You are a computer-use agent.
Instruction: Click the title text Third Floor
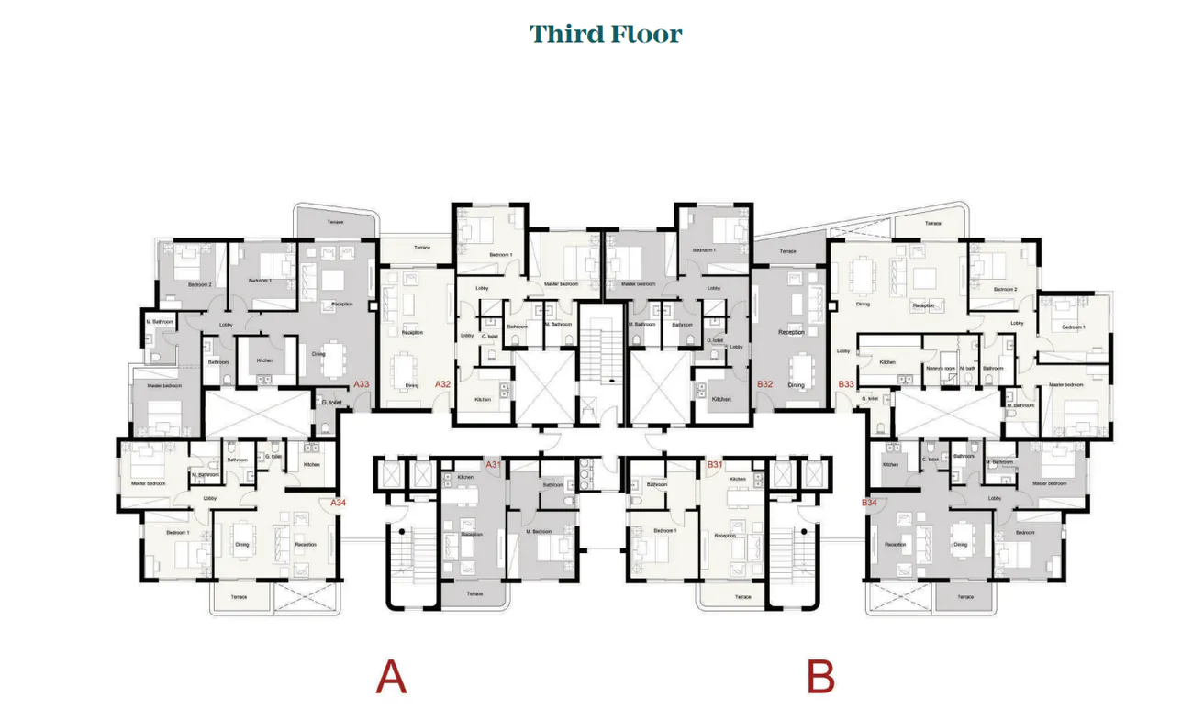pyautogui.click(x=606, y=35)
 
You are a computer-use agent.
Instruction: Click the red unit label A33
pyautogui.click(x=362, y=384)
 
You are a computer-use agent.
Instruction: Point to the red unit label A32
pyautogui.click(x=442, y=384)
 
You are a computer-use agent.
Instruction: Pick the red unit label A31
pyautogui.click(x=493, y=465)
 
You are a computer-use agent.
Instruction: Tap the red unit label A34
pyautogui.click(x=339, y=503)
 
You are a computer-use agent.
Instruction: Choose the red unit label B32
pyautogui.click(x=764, y=384)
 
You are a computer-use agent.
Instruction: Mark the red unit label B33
pyautogui.click(x=845, y=384)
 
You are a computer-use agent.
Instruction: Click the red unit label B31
pyautogui.click(x=715, y=465)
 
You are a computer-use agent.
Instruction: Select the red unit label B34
pyautogui.click(x=869, y=503)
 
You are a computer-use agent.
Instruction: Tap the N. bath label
pyautogui.click(x=967, y=368)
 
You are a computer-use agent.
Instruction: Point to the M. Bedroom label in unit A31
pyautogui.click(x=539, y=531)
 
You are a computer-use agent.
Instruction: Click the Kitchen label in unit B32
pyautogui.click(x=721, y=399)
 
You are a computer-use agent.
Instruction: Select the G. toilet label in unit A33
pyautogui.click(x=330, y=402)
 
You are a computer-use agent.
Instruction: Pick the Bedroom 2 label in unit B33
pyautogui.click(x=1005, y=289)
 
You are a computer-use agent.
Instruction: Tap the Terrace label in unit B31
pyautogui.click(x=741, y=597)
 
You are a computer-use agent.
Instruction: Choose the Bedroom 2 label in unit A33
pyautogui.click(x=199, y=284)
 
